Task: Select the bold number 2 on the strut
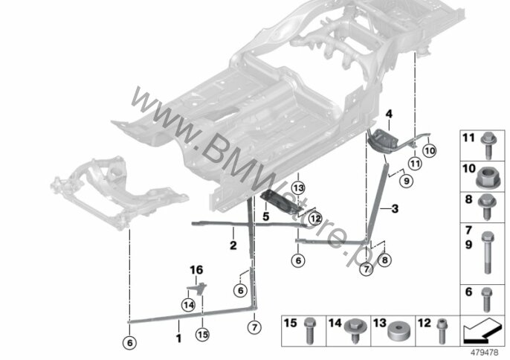tap(232, 244)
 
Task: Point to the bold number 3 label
tap(395, 210)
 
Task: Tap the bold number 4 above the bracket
tap(388, 115)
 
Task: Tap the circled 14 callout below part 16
tap(188, 303)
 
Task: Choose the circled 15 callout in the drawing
tap(201, 335)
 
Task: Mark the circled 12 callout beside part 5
tap(315, 219)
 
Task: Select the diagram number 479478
tap(487, 353)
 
